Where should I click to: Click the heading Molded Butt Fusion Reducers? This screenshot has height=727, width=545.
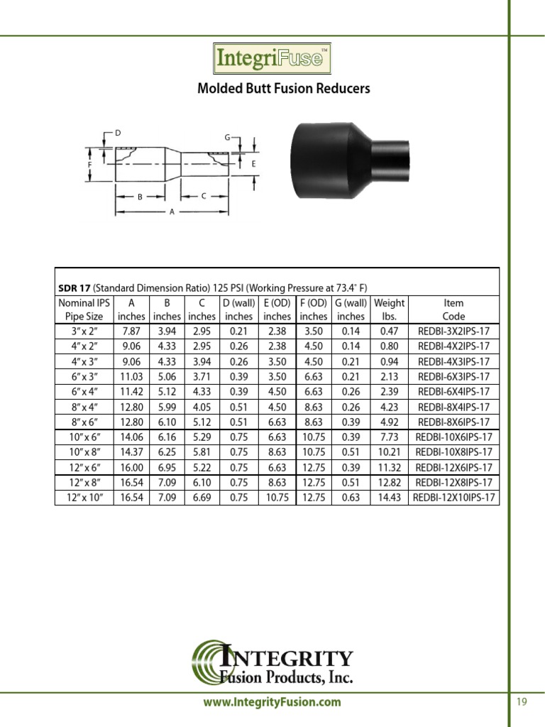pyautogui.click(x=283, y=89)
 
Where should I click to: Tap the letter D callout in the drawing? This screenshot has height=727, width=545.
pyautogui.click(x=118, y=133)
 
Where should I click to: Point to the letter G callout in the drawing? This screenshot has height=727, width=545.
pyautogui.click(x=227, y=136)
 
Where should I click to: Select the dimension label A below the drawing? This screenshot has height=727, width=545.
pyautogui.click(x=172, y=221)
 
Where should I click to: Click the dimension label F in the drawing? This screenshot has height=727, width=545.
pyautogui.click(x=90, y=164)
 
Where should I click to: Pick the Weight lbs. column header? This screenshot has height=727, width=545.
pyautogui.click(x=389, y=310)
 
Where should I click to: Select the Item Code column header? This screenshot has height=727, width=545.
pyautogui.click(x=453, y=310)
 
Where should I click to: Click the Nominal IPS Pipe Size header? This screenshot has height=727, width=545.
pyautogui.click(x=84, y=310)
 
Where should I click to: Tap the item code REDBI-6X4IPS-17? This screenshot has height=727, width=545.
pyautogui.click(x=453, y=392)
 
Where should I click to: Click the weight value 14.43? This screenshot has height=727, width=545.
pyautogui.click(x=389, y=497)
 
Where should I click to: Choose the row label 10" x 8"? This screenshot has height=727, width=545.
pyautogui.click(x=84, y=452)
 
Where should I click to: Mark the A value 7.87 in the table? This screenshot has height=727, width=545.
pyautogui.click(x=131, y=332)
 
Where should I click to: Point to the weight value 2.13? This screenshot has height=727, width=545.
pyautogui.click(x=389, y=377)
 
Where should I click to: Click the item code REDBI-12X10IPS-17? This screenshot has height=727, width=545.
pyautogui.click(x=453, y=497)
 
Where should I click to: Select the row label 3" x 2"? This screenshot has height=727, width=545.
pyautogui.click(x=84, y=332)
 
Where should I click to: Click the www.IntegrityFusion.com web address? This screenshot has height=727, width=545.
pyautogui.click(x=272, y=702)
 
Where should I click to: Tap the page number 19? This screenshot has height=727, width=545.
pyautogui.click(x=522, y=702)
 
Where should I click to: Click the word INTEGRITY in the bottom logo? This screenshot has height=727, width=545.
pyautogui.click(x=296, y=658)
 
